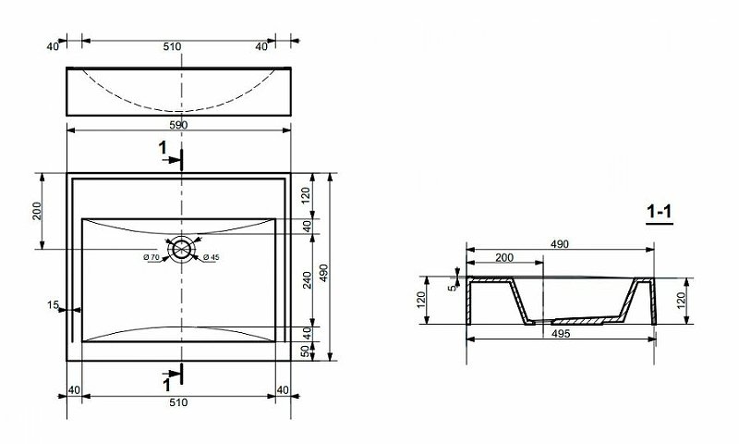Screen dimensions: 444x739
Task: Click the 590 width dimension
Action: tap(178, 124)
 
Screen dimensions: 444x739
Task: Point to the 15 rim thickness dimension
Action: tap(55, 304)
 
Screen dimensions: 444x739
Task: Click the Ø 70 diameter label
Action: tap(152, 256)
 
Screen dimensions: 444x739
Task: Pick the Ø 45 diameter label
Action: tap(210, 256)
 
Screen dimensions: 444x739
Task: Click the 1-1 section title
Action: tap(659, 216)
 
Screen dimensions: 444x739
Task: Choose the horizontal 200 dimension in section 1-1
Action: tap(505, 256)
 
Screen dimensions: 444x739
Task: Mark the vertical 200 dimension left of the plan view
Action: tap(38, 210)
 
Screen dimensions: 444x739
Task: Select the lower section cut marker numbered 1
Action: tap(166, 380)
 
